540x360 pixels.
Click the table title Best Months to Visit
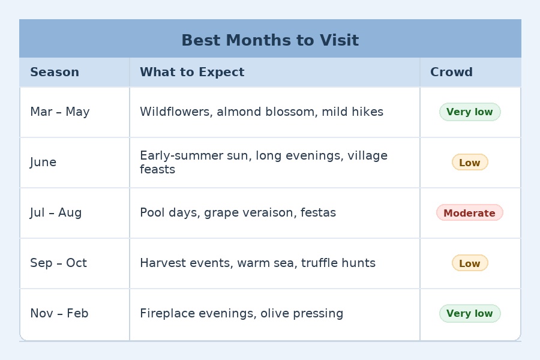(x=270, y=40)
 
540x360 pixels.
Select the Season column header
(x=55, y=72)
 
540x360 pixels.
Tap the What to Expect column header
(x=192, y=72)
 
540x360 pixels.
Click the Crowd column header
(x=451, y=72)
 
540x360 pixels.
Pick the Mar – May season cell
(x=60, y=112)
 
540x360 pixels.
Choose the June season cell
(x=43, y=163)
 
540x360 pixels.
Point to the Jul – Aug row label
(x=56, y=213)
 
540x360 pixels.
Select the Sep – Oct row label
(x=58, y=263)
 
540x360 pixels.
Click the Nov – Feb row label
(x=59, y=314)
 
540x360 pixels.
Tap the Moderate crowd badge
(x=469, y=213)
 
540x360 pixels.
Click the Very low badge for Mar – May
(x=469, y=112)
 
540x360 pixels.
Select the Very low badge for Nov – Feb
(x=469, y=314)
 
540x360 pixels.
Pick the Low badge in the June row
(x=469, y=163)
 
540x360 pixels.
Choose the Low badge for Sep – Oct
(x=469, y=263)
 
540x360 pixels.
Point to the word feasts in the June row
(x=157, y=170)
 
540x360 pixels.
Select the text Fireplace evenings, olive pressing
(x=241, y=314)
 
